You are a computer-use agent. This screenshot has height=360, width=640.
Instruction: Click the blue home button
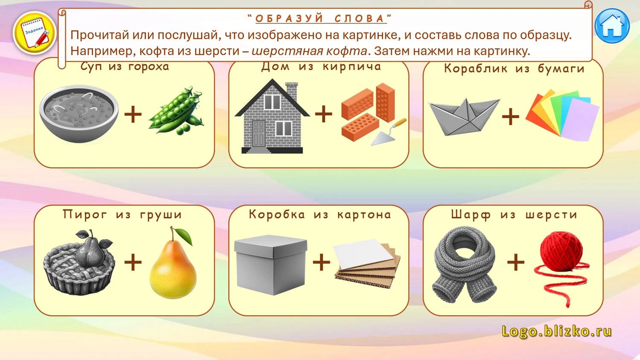pos(612,26)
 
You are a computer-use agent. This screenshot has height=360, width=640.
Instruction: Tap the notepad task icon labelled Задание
pos(35,33)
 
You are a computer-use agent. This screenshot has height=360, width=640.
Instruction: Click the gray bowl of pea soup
pos(79,113)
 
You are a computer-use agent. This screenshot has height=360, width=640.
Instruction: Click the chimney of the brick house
pos(291,91)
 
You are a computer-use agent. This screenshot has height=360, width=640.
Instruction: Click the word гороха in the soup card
pos(148,67)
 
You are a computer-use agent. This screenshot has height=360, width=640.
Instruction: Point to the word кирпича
pos(352,67)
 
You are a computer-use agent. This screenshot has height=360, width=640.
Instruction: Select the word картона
pos(364,215)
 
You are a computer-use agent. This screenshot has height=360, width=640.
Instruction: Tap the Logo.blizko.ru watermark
pos(556,331)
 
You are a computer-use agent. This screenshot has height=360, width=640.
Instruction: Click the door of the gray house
pos(259,134)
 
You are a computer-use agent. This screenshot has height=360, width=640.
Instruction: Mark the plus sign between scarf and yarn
pos(516,262)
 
